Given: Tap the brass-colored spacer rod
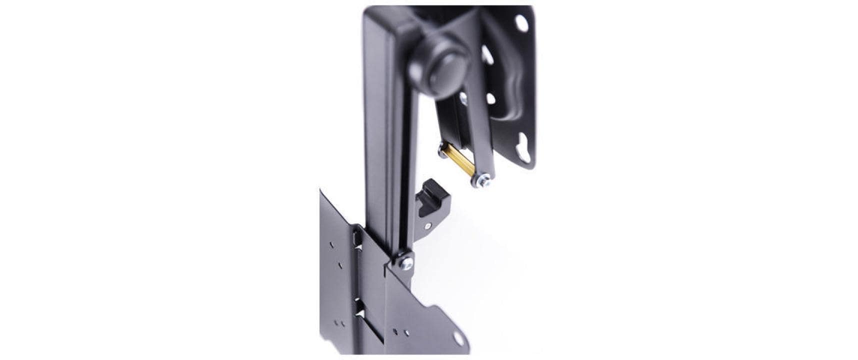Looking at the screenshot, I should pos(455,161).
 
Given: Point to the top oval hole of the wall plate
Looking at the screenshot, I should pos(521,22).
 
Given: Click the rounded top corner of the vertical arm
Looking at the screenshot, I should pos(372,15).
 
